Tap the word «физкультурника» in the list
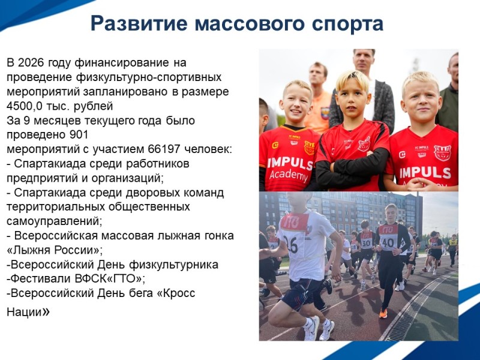click(180, 265)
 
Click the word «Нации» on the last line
click(25, 313)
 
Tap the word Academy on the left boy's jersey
click(288, 175)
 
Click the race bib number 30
click(365, 243)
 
